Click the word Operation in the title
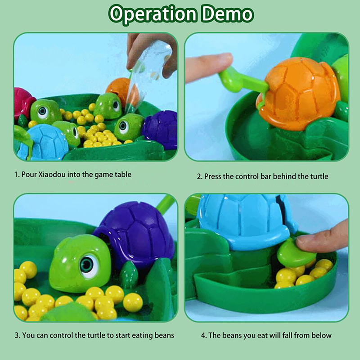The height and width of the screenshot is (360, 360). (153, 15)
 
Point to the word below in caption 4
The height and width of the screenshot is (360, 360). (321, 335)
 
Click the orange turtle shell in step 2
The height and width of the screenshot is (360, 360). (298, 93)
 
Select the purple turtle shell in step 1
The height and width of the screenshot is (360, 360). (161, 130)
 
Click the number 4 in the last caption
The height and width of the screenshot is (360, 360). (203, 335)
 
